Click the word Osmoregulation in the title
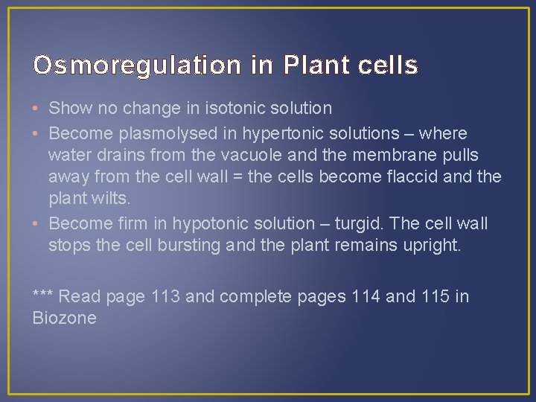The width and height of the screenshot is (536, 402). [138, 66]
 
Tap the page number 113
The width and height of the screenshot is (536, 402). [166, 296]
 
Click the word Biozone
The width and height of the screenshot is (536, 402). [65, 319]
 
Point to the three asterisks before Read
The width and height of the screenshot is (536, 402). [43, 295]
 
